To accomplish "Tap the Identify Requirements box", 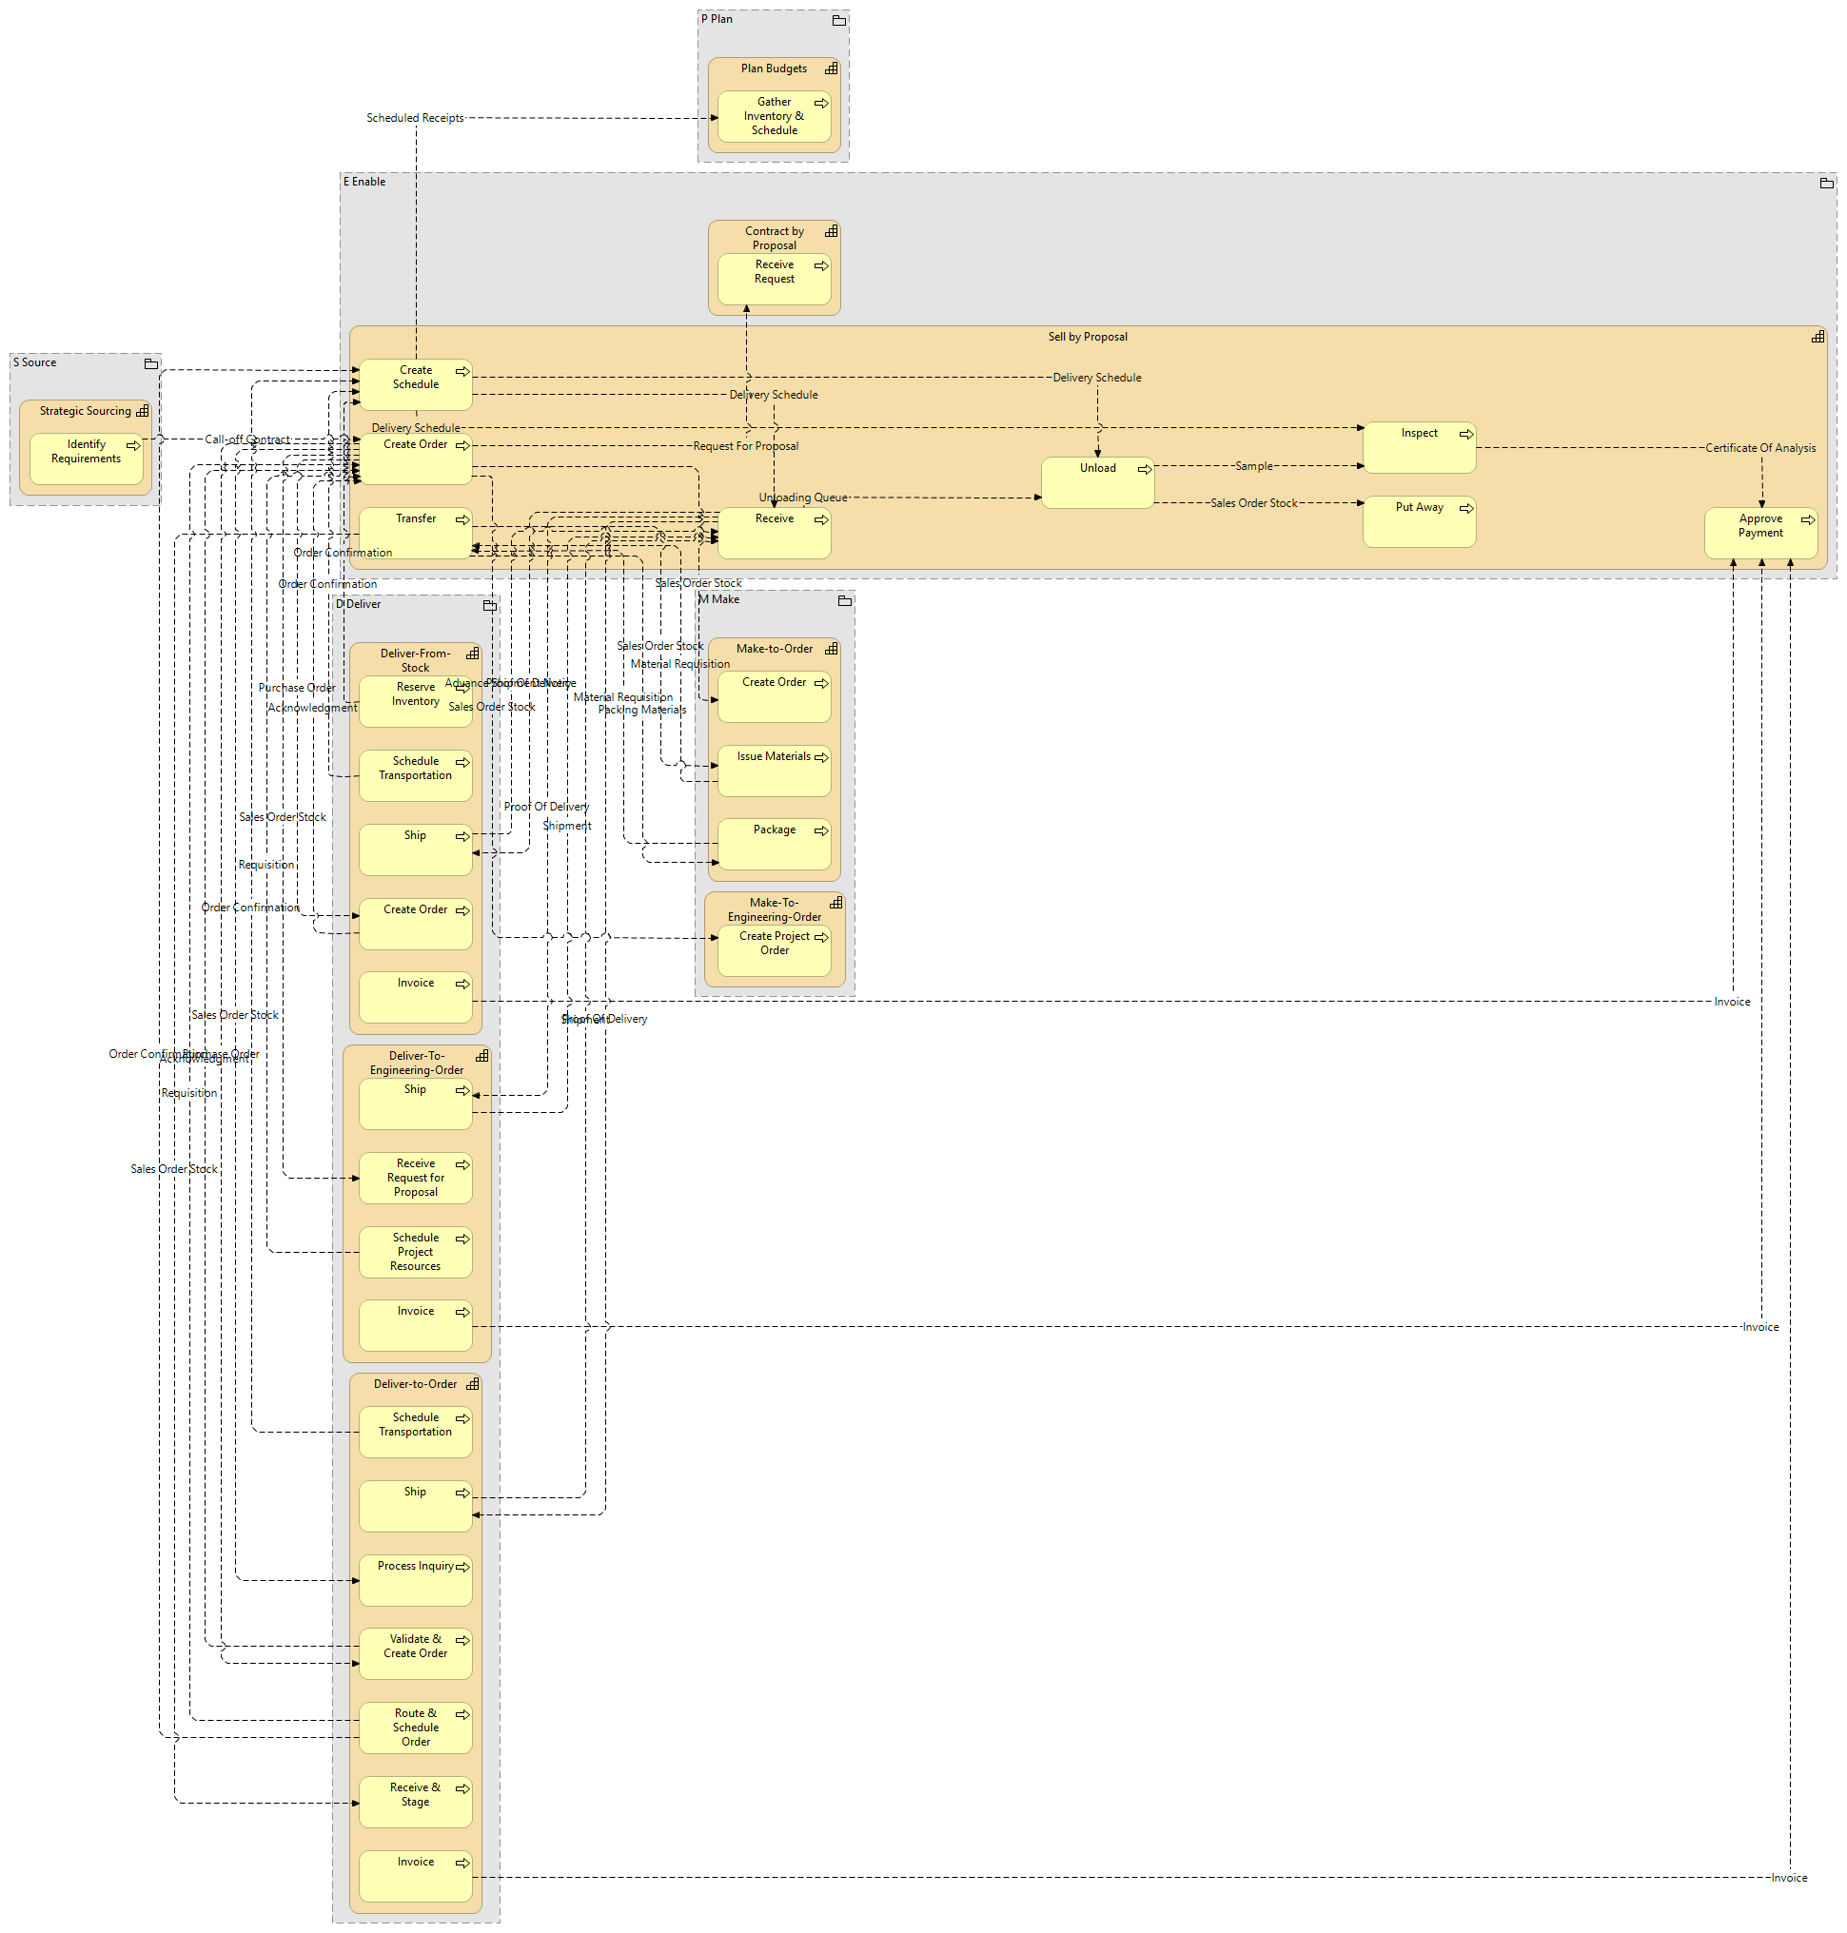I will (x=86, y=459).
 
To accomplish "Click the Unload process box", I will (x=1097, y=482).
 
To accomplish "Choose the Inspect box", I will (x=1419, y=447).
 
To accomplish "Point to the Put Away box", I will (x=1419, y=521).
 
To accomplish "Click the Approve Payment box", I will (x=1760, y=534).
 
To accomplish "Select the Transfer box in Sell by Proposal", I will (x=415, y=533).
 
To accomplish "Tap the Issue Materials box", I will (x=774, y=771).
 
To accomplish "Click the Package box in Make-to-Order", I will (x=774, y=845).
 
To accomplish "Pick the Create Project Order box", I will (x=774, y=950).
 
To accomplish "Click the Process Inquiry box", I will (x=415, y=1580).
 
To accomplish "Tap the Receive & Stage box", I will (x=415, y=1801).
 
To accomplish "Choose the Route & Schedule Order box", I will (x=415, y=1728).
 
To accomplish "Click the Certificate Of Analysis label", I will (x=1760, y=448).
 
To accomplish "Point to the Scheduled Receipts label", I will (x=415, y=118).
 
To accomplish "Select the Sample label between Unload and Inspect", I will (x=1253, y=466).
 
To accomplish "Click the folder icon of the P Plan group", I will (x=839, y=21).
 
